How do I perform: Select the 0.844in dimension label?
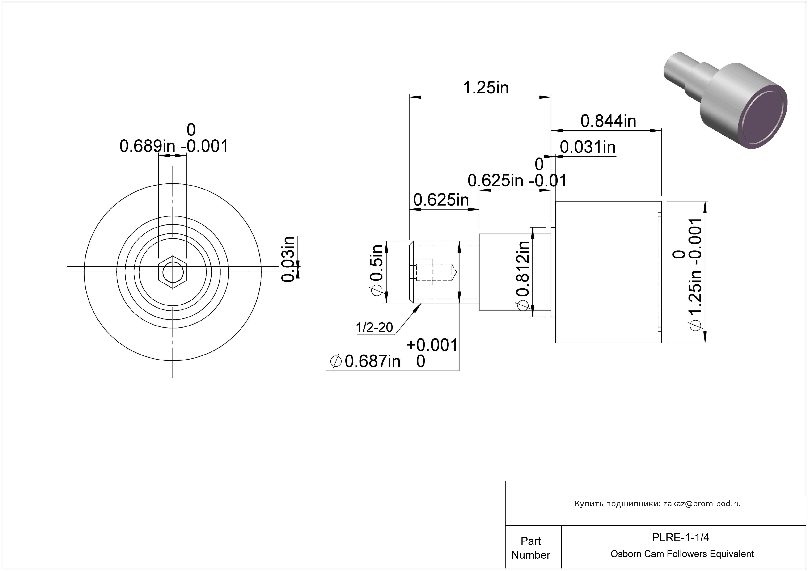point(608,121)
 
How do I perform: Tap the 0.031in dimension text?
point(588,147)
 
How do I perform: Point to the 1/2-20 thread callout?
point(374,328)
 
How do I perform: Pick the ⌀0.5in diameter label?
point(376,270)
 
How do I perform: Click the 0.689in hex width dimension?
point(147,146)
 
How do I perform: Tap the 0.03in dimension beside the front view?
point(288,259)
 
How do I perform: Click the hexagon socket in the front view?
point(173,272)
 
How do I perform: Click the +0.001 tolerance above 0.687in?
point(432,345)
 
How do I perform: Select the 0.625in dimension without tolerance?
point(441,200)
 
